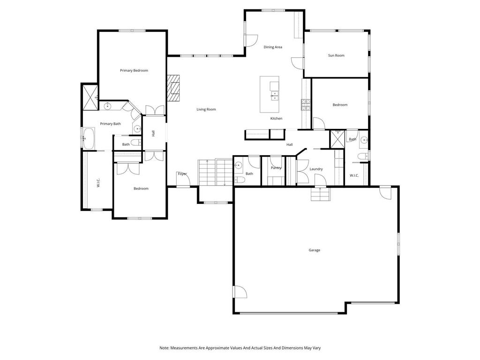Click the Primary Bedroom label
tap(134, 70)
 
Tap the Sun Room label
tap(336, 55)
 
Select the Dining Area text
tap(272, 47)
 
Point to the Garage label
tap(314, 250)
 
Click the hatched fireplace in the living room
tap(174, 88)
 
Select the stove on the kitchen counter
tap(306, 105)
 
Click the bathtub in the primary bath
tap(89, 138)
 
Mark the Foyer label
tap(182, 174)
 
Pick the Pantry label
tap(276, 168)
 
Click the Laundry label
tap(316, 169)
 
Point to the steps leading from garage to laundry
tap(321, 194)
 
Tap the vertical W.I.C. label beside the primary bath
tap(98, 183)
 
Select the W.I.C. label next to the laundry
tap(354, 175)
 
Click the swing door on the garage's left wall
tap(240, 292)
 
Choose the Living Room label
tap(206, 109)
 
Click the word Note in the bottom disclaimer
tap(164, 348)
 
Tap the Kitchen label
tap(276, 119)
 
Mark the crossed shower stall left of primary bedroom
tap(89, 97)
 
